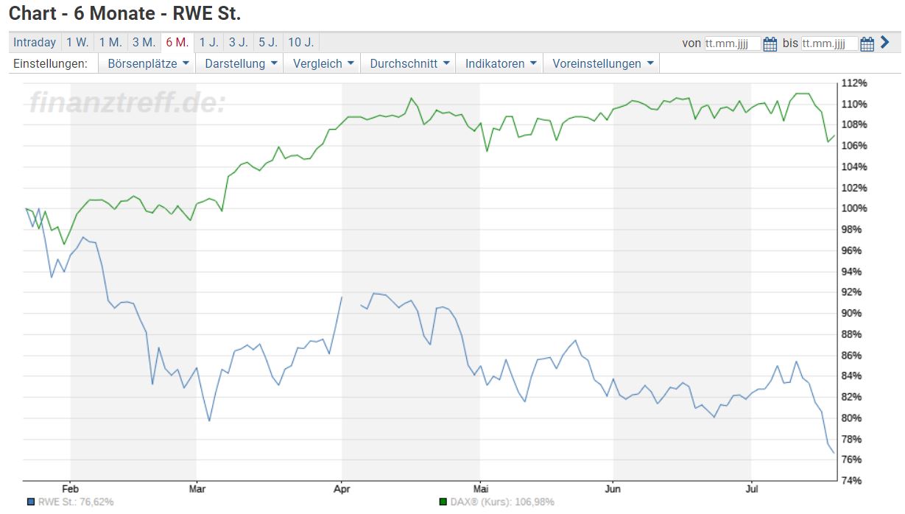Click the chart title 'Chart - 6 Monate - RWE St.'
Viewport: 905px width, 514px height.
[x=124, y=13]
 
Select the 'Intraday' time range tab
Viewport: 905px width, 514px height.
[x=34, y=43]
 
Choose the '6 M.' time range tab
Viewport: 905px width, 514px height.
[x=177, y=43]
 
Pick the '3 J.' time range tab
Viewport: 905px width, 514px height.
[x=238, y=43]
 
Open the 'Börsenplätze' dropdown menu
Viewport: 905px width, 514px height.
[x=148, y=63]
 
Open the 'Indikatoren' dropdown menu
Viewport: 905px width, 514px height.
[x=500, y=63]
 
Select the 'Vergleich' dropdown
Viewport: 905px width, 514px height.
[x=323, y=63]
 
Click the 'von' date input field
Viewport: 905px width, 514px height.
[x=732, y=43]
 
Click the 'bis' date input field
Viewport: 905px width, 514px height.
[x=828, y=43]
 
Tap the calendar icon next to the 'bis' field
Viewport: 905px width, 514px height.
[x=867, y=44]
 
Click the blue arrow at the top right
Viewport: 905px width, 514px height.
[x=886, y=43]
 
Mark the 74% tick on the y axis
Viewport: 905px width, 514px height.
[x=855, y=481]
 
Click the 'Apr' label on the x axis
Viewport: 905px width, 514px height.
[x=341, y=489]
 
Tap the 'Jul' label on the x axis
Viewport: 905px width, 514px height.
[x=751, y=489]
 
